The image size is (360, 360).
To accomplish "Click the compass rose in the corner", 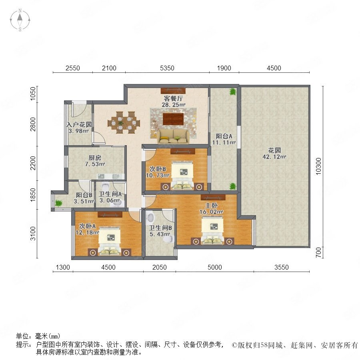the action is click(x=20, y=20).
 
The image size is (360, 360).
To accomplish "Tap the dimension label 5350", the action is click(x=167, y=68).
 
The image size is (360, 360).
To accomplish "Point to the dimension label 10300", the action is click(x=318, y=166).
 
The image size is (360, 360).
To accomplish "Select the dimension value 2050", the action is click(x=160, y=267).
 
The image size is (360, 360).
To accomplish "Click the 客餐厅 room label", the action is click(x=173, y=98).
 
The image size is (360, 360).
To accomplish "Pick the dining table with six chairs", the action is click(x=124, y=122).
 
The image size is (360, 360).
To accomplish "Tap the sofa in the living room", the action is click(x=173, y=136).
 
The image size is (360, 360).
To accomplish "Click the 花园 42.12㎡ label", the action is click(x=274, y=154).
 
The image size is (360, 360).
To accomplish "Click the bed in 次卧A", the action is click(x=110, y=241).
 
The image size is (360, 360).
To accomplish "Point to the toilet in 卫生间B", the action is click(x=168, y=239).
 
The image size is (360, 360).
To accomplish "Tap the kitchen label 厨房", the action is click(x=95, y=158).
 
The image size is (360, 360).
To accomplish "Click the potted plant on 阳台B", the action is click(x=58, y=203).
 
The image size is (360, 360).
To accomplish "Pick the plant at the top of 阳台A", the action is click(x=233, y=92).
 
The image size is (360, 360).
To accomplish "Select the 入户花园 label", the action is click(x=79, y=124).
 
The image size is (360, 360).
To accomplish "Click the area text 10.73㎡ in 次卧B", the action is click(x=158, y=176).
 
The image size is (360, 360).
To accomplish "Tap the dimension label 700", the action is click(x=318, y=252).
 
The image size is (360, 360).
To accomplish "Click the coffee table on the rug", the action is click(x=173, y=119).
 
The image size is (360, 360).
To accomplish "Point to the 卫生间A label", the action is click(x=110, y=194).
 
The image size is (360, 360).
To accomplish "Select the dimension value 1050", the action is click(x=33, y=94).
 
